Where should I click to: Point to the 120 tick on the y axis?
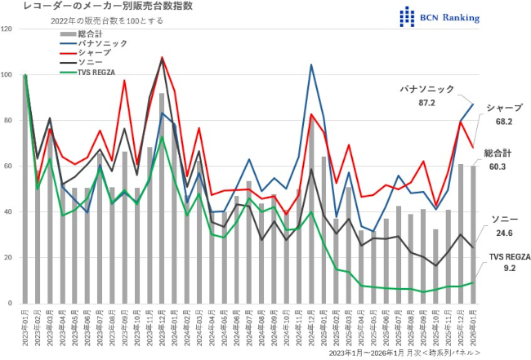[x=7, y=29]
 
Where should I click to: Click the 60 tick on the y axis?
[x=9, y=167]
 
